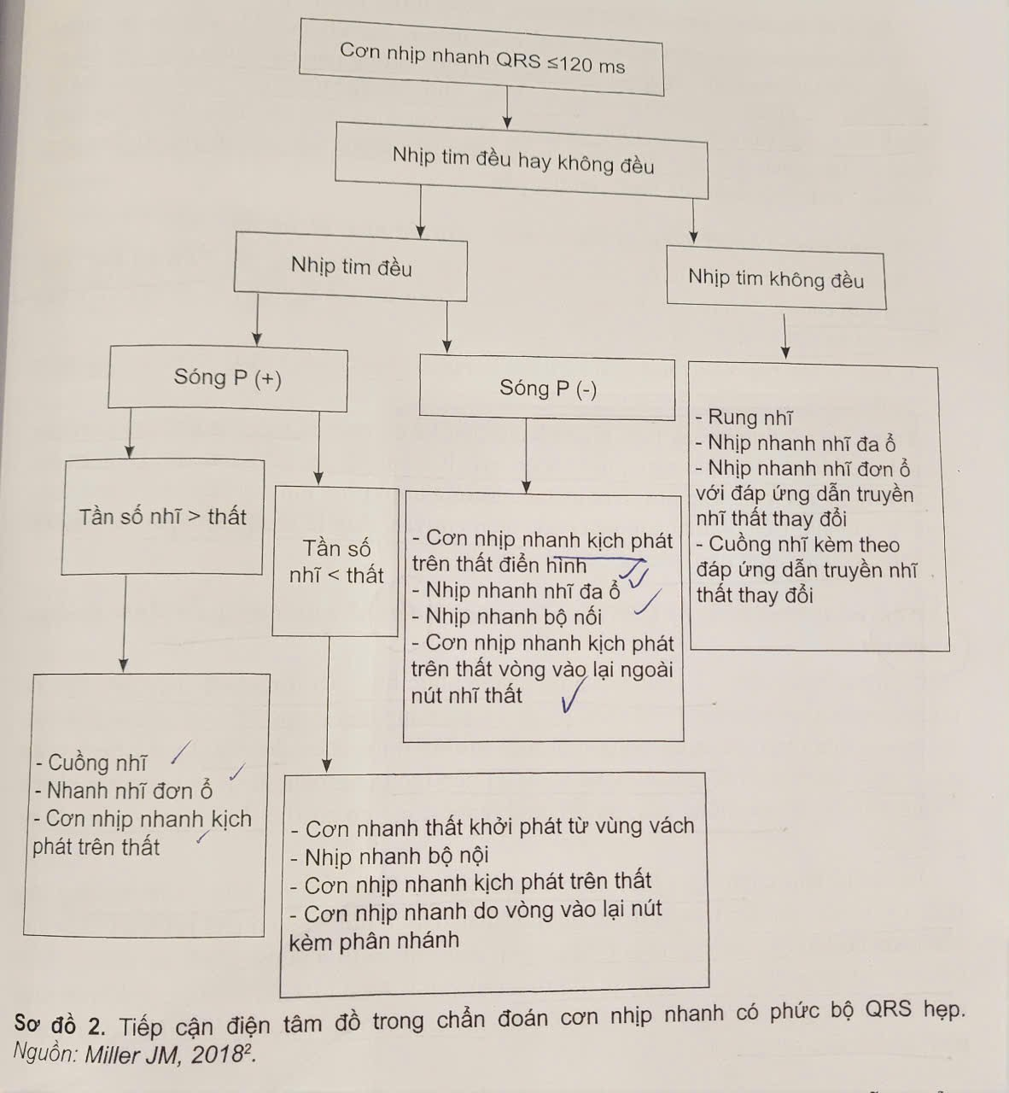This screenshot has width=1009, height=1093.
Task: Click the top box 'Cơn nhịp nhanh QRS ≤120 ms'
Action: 481,57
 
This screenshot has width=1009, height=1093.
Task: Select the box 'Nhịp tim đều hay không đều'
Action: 522,161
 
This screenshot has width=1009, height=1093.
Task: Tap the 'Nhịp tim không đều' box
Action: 775,278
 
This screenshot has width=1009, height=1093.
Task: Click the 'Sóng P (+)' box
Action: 228,378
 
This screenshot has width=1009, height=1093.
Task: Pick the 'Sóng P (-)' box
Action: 547,389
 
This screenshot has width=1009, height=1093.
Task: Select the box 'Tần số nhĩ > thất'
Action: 162,517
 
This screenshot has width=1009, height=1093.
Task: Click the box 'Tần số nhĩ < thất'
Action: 336,561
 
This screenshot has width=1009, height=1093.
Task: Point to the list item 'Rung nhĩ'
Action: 744,418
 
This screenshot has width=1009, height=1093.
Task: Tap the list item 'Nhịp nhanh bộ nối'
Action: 506,617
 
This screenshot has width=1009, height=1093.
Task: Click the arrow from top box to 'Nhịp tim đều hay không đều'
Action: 508,108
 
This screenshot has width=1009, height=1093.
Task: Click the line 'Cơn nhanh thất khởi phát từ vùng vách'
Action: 492,827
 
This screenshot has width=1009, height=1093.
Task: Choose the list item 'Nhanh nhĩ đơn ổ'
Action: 123,791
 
